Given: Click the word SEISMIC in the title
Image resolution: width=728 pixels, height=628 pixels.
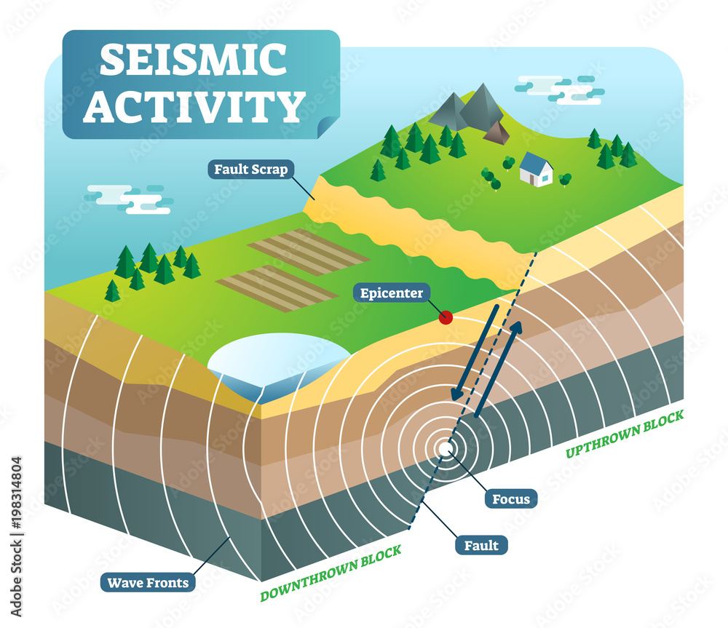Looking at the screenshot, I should (194, 60).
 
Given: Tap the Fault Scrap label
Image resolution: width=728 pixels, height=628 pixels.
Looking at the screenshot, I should (251, 170).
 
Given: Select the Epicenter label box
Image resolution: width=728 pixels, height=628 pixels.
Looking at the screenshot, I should (391, 294).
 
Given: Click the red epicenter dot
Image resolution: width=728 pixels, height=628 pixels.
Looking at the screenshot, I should (446, 317).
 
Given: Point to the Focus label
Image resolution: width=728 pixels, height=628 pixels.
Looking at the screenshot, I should (510, 499).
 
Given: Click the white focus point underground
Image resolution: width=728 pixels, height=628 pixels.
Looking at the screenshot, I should (444, 448).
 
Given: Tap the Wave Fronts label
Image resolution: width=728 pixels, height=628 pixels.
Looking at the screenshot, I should (148, 582).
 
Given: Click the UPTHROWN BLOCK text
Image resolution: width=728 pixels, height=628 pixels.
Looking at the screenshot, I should (625, 434).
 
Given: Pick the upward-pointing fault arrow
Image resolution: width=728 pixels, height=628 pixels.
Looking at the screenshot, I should (498, 369).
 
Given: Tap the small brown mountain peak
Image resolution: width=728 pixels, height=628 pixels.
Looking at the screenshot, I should (497, 132).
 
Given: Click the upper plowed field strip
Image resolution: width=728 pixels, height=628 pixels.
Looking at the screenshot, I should (309, 252).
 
